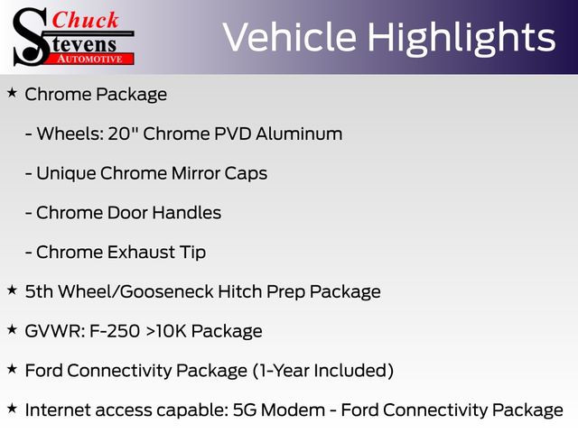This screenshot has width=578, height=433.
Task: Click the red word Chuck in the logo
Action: point(85,20)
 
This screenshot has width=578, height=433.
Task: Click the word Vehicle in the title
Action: point(290,37)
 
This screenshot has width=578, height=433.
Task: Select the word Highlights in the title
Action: point(461,39)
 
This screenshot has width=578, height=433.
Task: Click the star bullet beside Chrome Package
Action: point(12,93)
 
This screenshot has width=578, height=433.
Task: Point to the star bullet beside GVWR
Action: point(12,329)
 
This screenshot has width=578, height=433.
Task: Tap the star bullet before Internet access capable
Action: point(12,408)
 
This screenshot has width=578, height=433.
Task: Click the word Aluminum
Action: point(299,134)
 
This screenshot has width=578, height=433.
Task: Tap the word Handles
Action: point(187,213)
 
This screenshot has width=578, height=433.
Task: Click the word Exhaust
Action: point(142,252)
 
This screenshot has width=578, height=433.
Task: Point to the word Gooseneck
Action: point(167,291)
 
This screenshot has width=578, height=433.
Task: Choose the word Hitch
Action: point(240,291)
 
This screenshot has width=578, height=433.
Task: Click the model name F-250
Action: point(115,331)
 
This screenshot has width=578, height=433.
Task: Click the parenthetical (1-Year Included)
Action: point(323,371)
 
